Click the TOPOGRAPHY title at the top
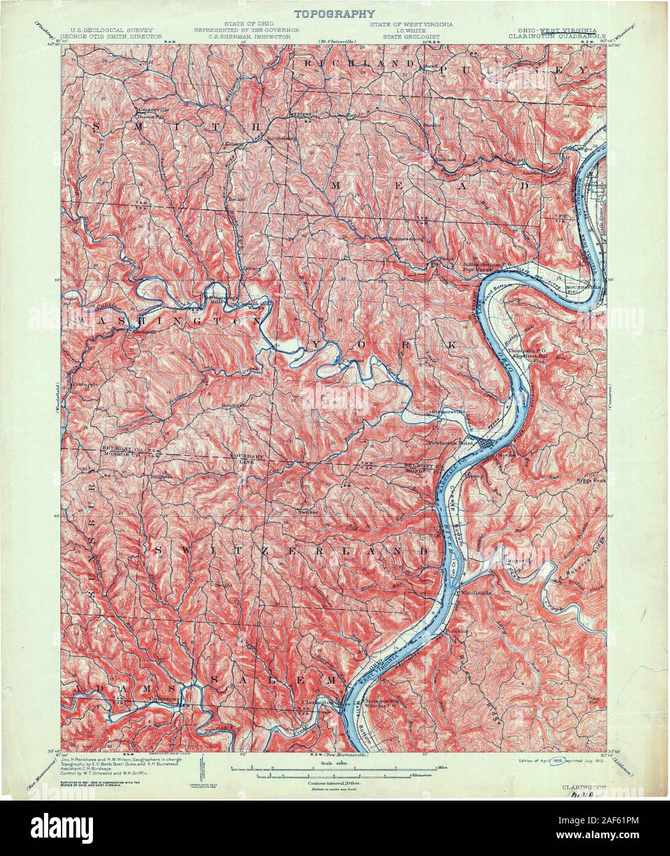pos(334,13)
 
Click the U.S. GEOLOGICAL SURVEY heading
pos(111,30)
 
